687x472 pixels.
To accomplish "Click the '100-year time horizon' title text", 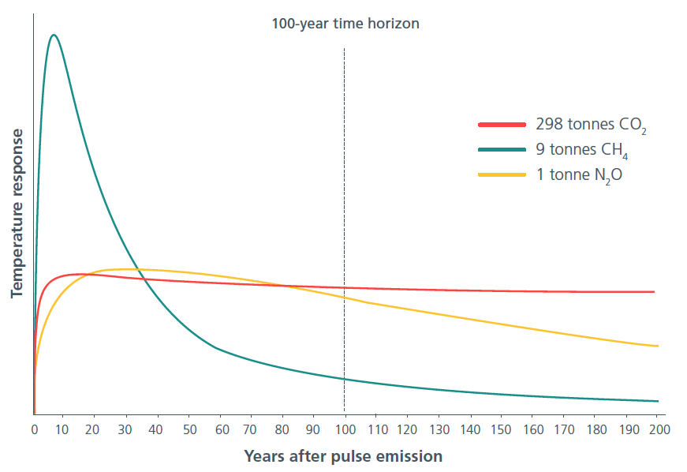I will coord(345,24).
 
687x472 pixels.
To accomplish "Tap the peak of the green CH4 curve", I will coord(54,35).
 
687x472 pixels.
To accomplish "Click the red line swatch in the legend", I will coord(502,125).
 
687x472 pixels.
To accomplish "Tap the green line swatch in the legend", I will coord(502,149).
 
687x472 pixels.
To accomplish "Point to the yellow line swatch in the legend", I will coord(502,174).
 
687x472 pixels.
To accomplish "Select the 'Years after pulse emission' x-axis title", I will coord(343,456).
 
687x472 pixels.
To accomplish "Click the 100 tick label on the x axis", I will coord(345,429).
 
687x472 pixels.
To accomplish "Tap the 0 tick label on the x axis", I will coord(34,429).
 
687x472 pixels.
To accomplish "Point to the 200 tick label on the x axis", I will coord(659,429).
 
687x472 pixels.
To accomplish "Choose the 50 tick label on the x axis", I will coord(189,429).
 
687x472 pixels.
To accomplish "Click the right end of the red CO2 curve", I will coord(655,291).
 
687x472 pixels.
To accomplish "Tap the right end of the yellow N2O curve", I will coord(657,346).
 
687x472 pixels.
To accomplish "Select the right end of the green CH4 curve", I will coord(657,401).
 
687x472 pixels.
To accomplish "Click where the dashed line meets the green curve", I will coord(345,379).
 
